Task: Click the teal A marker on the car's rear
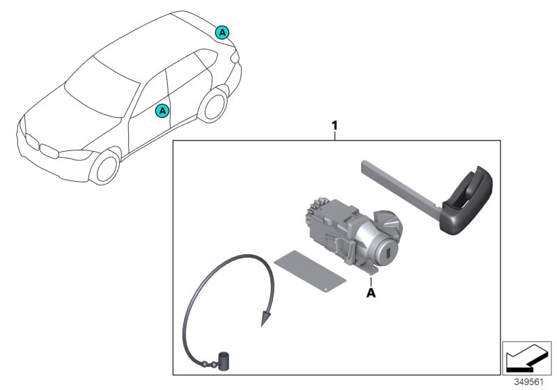221,31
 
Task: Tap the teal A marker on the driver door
162,110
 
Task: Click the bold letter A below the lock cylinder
371,293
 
